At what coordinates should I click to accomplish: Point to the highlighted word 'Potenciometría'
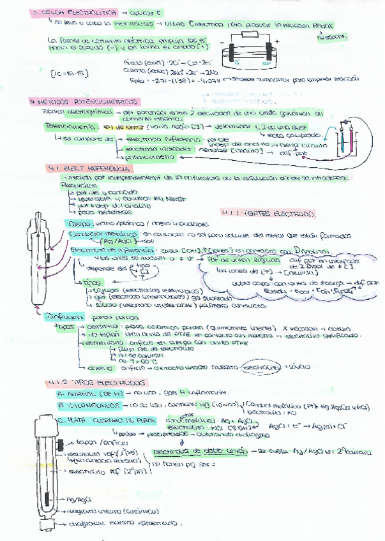click(x=69, y=127)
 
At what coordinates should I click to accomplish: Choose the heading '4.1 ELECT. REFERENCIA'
click(x=89, y=168)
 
